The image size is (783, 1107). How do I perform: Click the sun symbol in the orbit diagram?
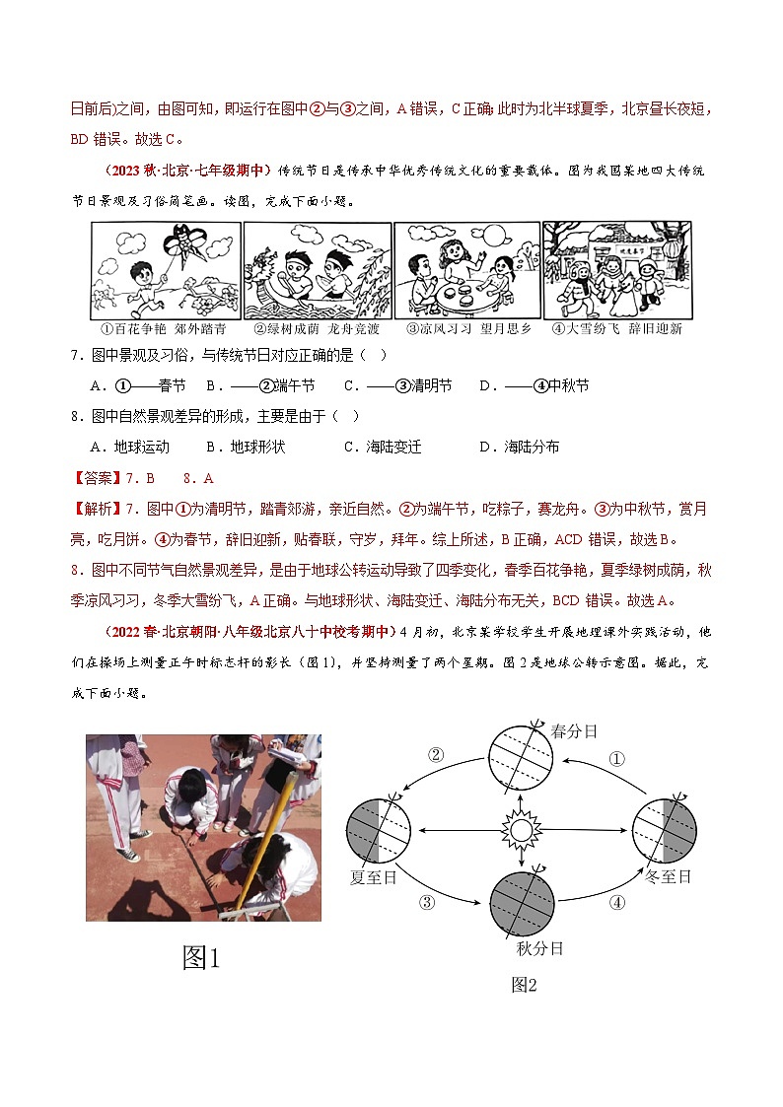click(520, 830)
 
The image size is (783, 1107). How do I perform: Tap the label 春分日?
click(575, 731)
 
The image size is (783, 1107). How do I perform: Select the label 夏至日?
click(374, 876)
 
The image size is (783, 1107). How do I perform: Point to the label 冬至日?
click(668, 876)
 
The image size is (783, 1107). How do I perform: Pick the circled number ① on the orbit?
click(616, 759)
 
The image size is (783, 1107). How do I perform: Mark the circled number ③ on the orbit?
click(427, 901)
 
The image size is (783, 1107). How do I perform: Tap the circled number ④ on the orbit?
click(617, 901)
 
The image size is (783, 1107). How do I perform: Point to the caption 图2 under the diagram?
click(524, 984)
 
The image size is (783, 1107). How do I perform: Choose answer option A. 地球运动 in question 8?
click(129, 447)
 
